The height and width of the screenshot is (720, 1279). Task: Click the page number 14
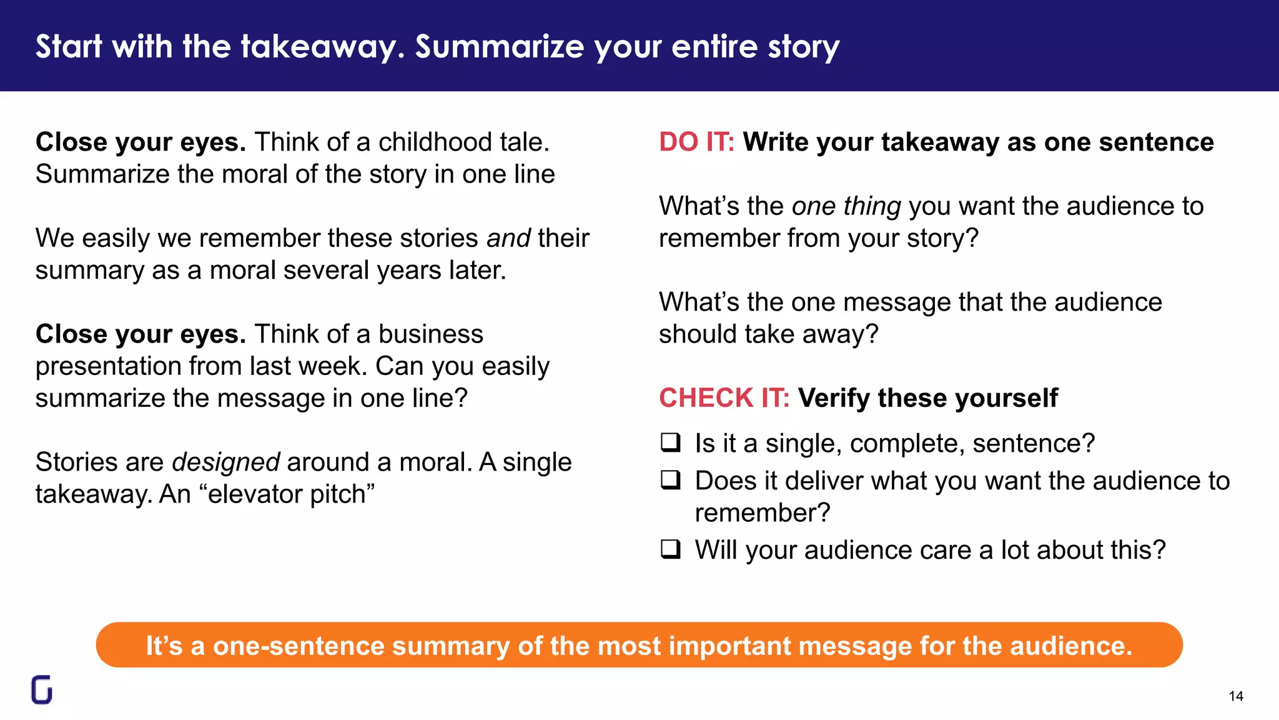click(1235, 696)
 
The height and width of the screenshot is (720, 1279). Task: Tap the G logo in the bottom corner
click(42, 690)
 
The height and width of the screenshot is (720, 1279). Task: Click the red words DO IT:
click(696, 142)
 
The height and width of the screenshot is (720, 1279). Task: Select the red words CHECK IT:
click(724, 398)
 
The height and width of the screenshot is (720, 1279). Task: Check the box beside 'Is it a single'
click(671, 442)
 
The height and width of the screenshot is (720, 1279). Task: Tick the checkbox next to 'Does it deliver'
click(671, 480)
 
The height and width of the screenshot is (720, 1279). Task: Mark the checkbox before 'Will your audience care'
click(671, 549)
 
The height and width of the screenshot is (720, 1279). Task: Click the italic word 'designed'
click(225, 462)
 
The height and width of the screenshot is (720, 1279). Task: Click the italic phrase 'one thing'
click(846, 206)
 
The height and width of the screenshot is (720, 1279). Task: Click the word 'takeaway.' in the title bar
click(323, 47)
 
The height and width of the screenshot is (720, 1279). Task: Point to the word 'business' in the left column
click(430, 334)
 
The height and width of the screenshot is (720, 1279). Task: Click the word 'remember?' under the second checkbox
click(763, 513)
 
